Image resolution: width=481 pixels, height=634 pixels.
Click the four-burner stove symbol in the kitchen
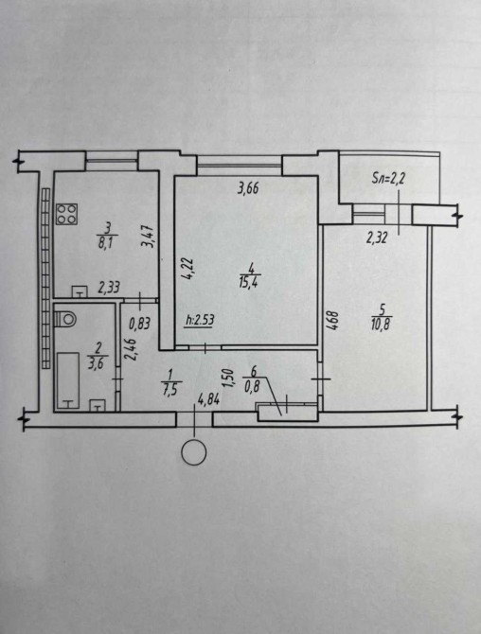click(x=66, y=214)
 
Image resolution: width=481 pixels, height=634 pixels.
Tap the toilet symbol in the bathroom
click(x=65, y=318)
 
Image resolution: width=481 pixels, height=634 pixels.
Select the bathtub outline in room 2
click(x=68, y=380)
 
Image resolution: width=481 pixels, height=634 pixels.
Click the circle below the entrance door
click(x=194, y=452)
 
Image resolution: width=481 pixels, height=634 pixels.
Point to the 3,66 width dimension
click(x=248, y=188)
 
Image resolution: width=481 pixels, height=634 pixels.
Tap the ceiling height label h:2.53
click(x=199, y=321)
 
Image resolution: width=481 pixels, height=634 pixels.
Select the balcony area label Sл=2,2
click(x=388, y=179)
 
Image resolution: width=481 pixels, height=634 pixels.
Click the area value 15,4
click(x=250, y=281)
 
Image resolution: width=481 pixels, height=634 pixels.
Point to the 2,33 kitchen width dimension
click(x=109, y=288)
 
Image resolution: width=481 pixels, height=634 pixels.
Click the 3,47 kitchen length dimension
click(x=148, y=237)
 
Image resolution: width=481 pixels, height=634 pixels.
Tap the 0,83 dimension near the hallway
click(x=139, y=323)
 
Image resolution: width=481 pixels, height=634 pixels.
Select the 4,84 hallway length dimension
click(x=208, y=400)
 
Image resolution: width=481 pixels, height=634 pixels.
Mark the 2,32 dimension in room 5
click(x=377, y=238)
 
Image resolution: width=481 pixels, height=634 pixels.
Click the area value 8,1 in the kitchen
click(x=107, y=244)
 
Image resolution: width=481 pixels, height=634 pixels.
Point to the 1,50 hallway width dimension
click(x=229, y=379)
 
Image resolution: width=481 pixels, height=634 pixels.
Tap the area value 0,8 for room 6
click(x=252, y=387)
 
